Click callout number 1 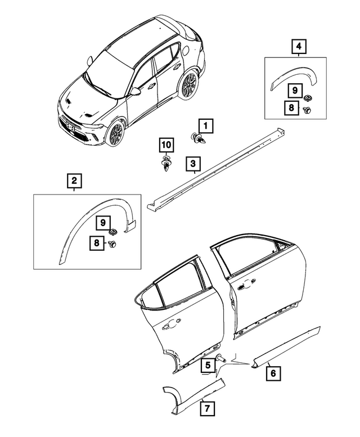[x=205, y=125]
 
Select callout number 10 [x=165, y=145]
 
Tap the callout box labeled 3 [x=193, y=164]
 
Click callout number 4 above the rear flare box [x=298, y=47]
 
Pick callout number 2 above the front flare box [x=74, y=181]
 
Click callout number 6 [x=271, y=372]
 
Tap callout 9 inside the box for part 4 [x=292, y=89]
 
